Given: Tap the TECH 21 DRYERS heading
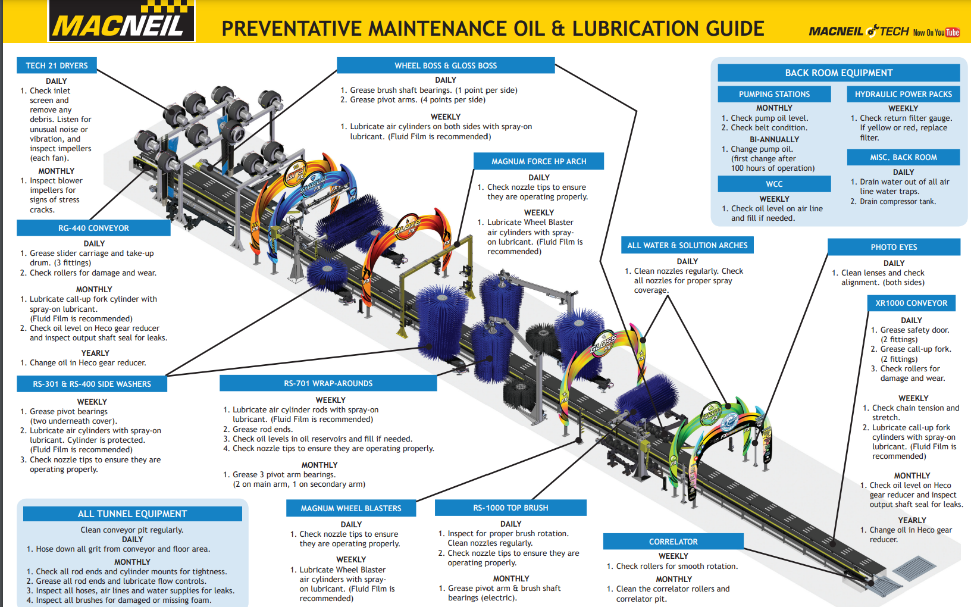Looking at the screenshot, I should (57, 65).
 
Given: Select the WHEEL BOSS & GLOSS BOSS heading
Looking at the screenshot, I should (446, 65).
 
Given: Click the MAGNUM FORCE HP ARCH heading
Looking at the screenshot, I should (538, 161).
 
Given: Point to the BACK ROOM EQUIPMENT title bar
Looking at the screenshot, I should (838, 73).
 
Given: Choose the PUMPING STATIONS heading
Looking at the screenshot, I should (774, 94).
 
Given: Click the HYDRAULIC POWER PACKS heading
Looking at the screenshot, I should (903, 94).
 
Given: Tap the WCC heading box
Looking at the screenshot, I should (774, 184).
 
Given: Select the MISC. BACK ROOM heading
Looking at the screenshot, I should (903, 157).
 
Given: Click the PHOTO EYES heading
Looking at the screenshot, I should (894, 247).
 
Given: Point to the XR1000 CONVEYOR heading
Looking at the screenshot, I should (911, 303).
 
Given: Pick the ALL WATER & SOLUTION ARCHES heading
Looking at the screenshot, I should (687, 245).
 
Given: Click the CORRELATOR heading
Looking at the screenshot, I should (673, 542).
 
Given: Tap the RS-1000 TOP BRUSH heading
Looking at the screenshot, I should (510, 508).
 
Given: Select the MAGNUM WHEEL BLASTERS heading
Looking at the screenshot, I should (350, 508).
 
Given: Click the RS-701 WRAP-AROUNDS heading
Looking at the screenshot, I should (328, 383).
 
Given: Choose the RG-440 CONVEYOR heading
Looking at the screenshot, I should (93, 228).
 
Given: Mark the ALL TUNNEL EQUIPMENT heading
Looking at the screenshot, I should (132, 514).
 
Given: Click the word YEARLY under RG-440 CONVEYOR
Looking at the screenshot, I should (95, 353).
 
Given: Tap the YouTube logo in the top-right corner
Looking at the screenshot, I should (952, 32).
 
